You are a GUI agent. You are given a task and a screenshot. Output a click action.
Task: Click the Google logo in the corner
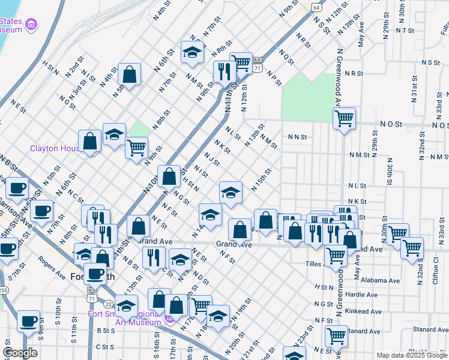(20, 353)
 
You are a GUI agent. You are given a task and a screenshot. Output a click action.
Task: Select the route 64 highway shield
(316, 7)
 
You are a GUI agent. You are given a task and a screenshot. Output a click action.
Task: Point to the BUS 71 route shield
(257, 64)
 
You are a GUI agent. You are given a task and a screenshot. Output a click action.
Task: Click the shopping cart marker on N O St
(344, 118)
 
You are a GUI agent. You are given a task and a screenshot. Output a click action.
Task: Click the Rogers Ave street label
(52, 268)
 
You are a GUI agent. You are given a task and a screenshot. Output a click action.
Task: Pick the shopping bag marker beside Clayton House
(89, 141)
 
